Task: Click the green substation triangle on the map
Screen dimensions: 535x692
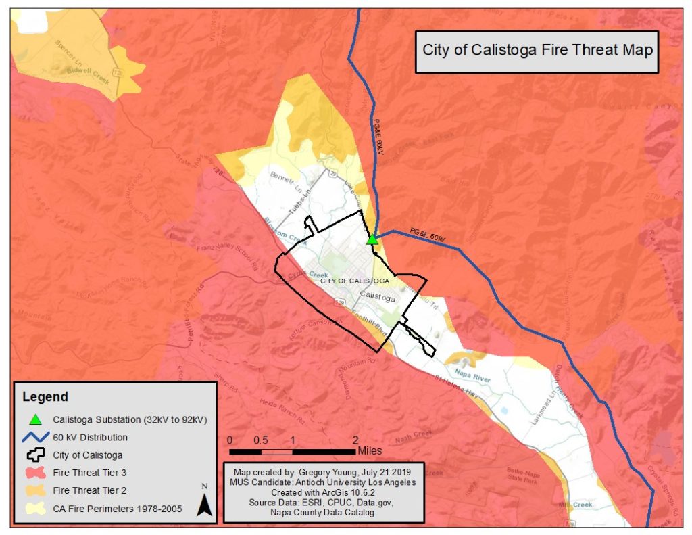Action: click(x=371, y=239)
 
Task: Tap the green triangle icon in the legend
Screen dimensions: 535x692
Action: click(x=36, y=419)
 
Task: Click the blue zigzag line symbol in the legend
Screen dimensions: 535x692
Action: click(x=35, y=437)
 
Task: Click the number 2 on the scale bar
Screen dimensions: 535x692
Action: click(x=355, y=439)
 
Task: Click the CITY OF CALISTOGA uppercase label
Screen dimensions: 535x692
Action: click(x=354, y=280)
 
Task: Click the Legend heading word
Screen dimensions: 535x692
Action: click(x=45, y=396)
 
